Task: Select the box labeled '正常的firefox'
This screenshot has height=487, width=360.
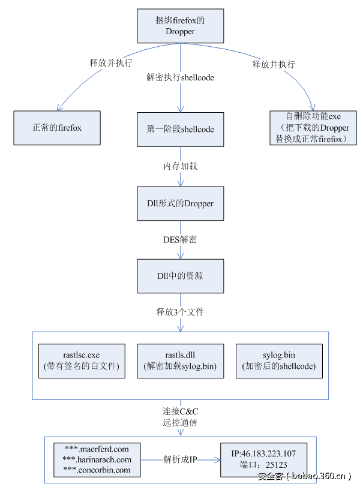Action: click(x=57, y=128)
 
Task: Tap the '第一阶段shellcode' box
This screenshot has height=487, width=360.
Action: click(x=180, y=129)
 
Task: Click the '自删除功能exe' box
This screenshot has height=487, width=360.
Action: click(x=313, y=128)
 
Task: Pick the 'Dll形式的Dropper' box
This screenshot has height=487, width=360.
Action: click(x=180, y=203)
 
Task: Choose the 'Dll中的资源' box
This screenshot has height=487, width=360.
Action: click(x=180, y=276)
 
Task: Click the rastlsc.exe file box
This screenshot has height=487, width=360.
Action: click(x=82, y=361)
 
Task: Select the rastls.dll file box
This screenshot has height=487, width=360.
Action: click(x=180, y=361)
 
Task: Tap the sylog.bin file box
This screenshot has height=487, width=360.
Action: click(x=279, y=361)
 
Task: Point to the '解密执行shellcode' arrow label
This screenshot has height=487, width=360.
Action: click(x=180, y=77)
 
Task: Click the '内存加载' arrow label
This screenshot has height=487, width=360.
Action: click(x=180, y=166)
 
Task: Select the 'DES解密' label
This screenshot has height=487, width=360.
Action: click(x=180, y=239)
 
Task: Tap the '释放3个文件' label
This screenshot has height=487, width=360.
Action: click(x=180, y=312)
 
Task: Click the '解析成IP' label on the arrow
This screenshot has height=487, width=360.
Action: click(x=181, y=459)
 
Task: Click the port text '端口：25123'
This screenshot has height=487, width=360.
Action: click(x=263, y=464)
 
